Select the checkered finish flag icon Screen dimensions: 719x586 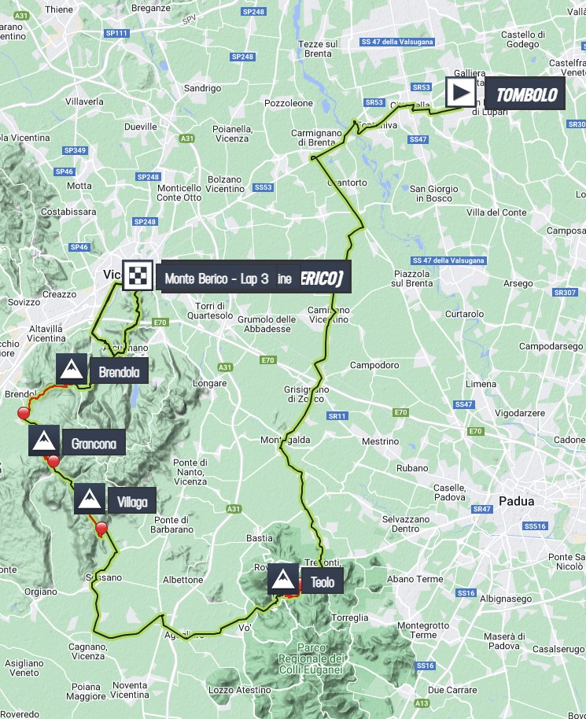pos(138,276)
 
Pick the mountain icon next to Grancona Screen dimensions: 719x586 pos(44,442)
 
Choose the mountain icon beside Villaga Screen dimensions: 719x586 pos(90,500)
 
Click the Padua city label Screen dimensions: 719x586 pos(517,500)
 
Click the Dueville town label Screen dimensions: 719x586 pos(141,126)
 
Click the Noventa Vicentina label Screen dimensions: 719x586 pos(131,690)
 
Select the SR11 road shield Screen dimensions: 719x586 pos(338,415)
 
